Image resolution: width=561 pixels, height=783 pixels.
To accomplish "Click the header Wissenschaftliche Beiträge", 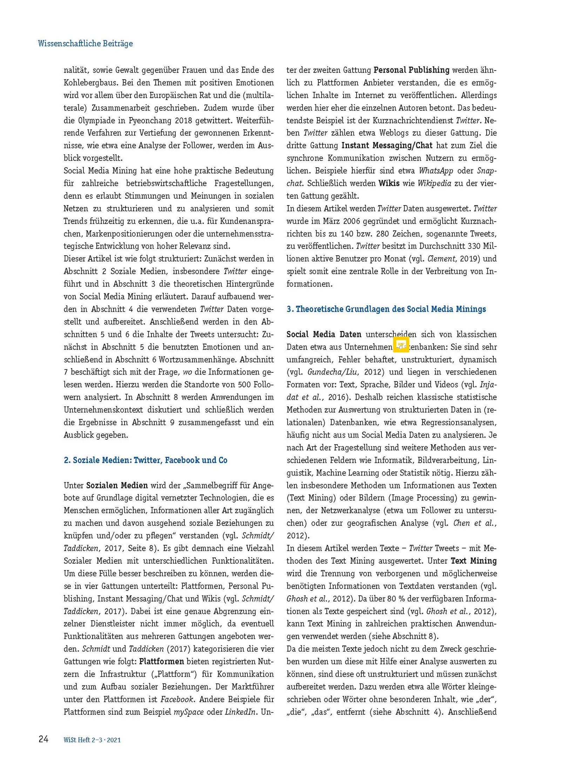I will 85,43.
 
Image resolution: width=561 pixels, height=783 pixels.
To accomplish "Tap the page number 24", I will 43,739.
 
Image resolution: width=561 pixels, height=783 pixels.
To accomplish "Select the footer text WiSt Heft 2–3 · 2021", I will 92,740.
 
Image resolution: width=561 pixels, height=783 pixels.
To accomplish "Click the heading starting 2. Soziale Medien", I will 146,460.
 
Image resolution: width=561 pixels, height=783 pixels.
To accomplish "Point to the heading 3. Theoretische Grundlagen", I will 386,309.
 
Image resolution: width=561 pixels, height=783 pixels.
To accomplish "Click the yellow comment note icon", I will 401,344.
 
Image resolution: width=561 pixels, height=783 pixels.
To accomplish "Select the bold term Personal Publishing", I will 411,70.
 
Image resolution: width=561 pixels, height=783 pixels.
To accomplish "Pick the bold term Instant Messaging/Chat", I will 387,146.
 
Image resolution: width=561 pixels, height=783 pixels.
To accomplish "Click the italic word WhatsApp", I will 436,171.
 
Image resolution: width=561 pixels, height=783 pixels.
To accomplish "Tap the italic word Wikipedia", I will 434,183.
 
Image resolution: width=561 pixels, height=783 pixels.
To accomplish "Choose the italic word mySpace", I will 189,712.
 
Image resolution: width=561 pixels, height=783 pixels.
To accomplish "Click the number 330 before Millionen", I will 474,246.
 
